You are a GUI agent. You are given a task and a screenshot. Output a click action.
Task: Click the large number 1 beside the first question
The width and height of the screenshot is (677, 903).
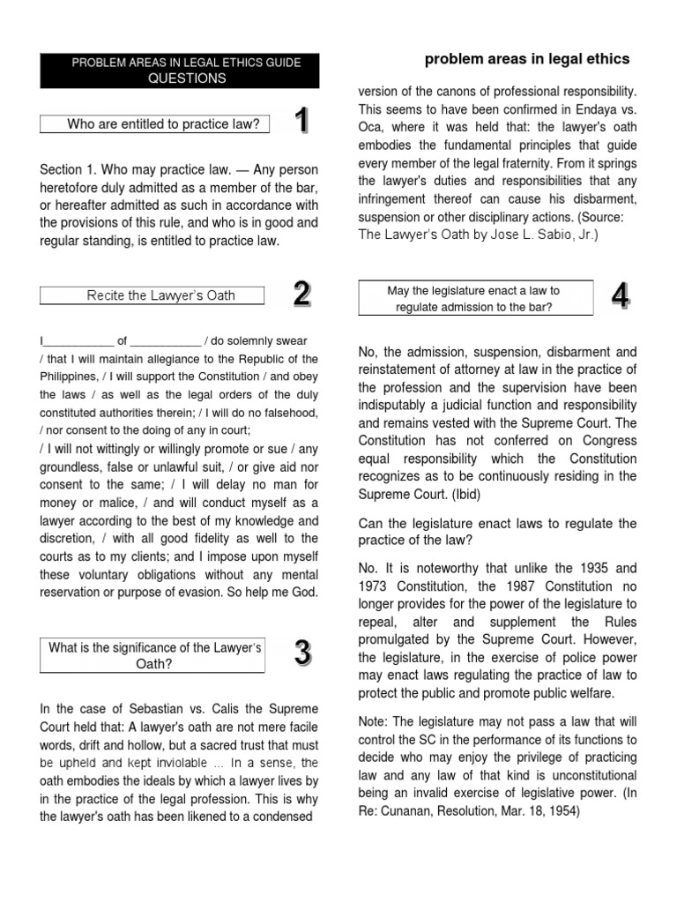[301, 121]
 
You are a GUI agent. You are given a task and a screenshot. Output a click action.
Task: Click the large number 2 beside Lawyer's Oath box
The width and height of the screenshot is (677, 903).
[301, 294]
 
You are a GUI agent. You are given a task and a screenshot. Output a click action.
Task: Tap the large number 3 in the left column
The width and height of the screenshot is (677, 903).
[301, 653]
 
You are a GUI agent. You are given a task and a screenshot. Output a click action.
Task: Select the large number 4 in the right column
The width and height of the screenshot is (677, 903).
[620, 297]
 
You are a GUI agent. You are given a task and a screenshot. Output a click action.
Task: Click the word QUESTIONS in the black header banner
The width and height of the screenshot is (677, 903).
[186, 78]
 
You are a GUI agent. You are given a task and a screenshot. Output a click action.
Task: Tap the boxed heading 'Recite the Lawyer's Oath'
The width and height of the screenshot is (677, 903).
[160, 295]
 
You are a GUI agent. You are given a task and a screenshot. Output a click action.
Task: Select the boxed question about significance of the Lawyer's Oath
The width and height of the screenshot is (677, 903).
[154, 656]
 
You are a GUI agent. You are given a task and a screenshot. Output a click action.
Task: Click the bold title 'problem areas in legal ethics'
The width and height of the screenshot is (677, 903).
[527, 59]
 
